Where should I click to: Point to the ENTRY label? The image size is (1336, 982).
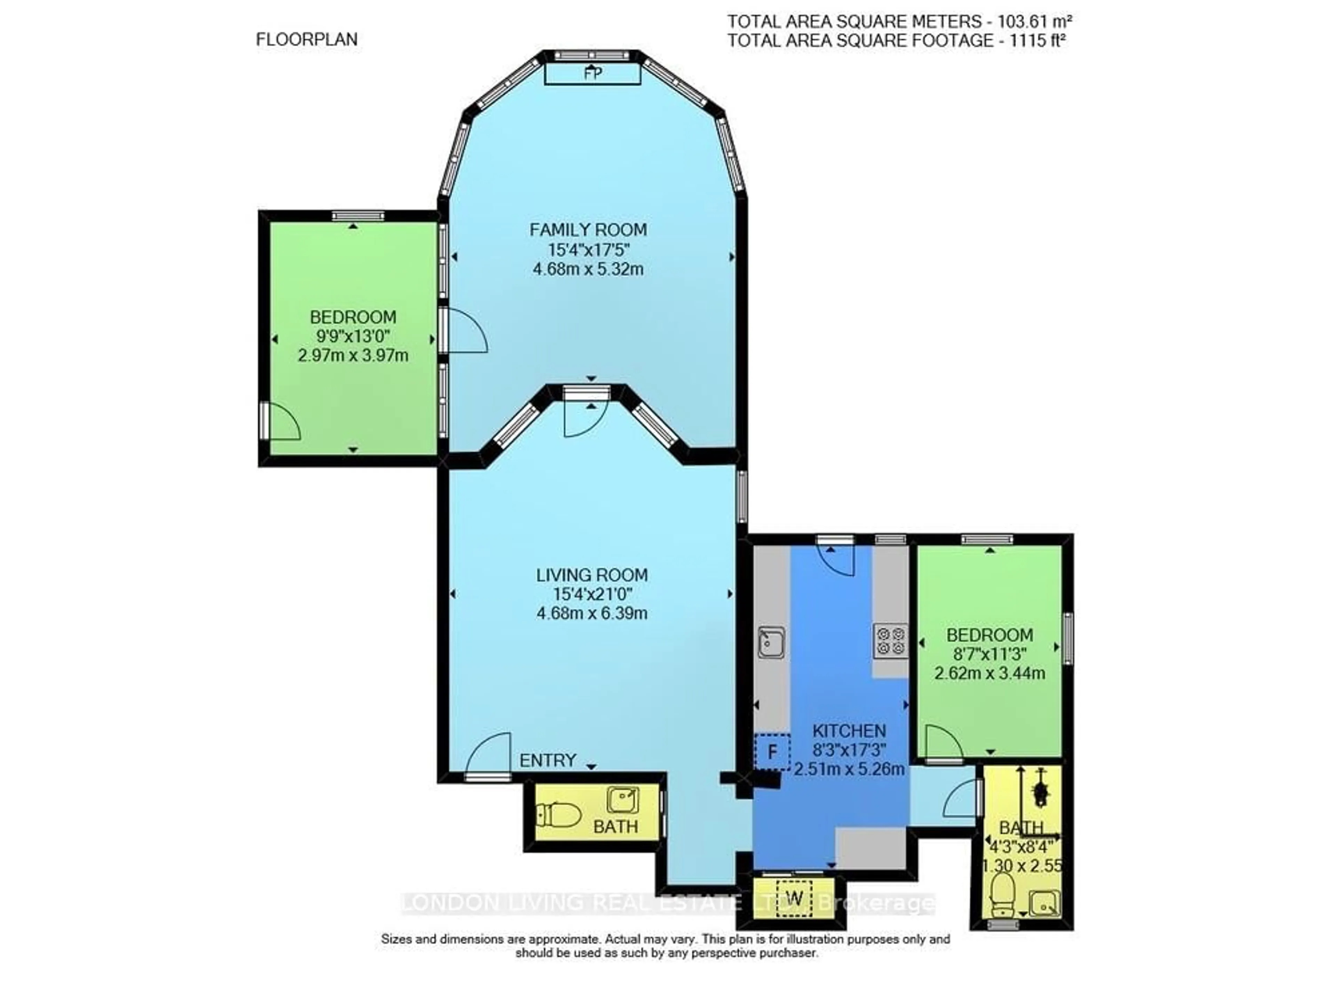(x=547, y=760)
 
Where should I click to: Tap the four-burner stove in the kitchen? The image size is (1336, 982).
(x=890, y=641)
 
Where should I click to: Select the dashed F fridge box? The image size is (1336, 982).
(x=772, y=751)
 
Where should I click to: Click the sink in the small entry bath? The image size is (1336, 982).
(x=622, y=800)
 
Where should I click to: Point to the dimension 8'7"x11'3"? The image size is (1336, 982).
(x=989, y=654)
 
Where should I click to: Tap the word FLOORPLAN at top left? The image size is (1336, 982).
(x=306, y=39)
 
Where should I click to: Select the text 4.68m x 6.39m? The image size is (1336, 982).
(x=592, y=613)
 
